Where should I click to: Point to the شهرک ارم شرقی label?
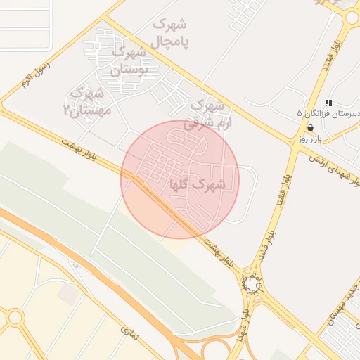coord(207,113)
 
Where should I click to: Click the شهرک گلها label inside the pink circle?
coord(198,185)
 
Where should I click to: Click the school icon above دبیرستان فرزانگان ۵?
coord(328,103)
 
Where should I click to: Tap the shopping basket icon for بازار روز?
coord(311,128)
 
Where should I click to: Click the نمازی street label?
coord(129,335)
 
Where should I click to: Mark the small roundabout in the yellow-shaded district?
coord(15,317)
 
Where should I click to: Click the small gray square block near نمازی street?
coord(68,294)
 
